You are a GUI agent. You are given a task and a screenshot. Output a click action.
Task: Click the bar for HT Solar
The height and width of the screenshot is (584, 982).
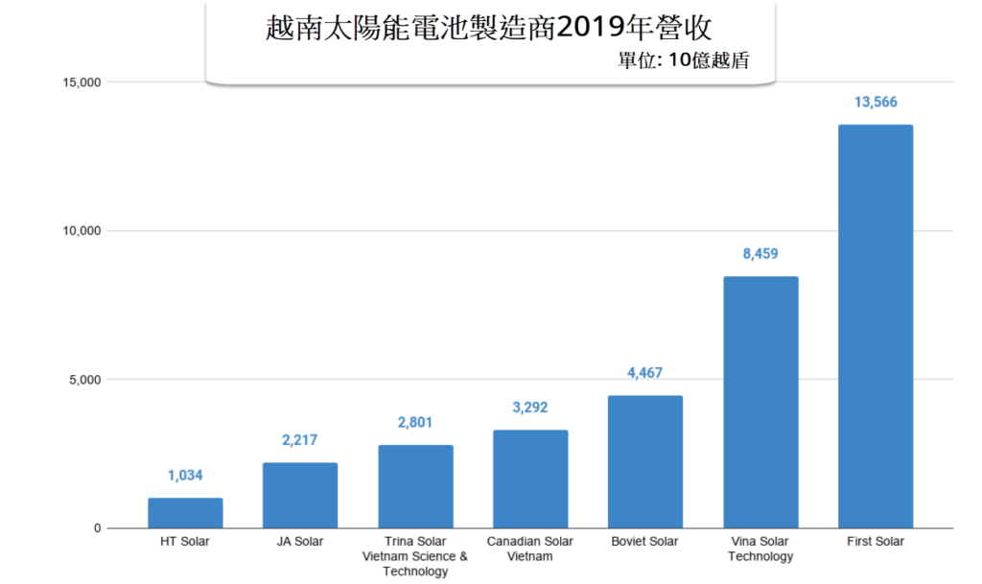[x=185, y=513]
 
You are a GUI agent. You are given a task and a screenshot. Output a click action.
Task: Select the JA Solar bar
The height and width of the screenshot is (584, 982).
[x=300, y=496]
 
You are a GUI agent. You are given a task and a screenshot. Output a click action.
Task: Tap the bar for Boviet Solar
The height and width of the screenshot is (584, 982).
[x=645, y=461]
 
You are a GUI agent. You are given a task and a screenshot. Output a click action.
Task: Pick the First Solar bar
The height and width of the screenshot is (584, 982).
[x=876, y=326]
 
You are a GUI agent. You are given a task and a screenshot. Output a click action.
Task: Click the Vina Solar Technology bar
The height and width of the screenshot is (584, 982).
[x=760, y=402]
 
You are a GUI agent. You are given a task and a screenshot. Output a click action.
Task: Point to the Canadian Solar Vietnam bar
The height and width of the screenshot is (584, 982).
[x=530, y=479]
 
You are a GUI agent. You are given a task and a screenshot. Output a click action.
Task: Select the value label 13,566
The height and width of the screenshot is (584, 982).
[x=876, y=103]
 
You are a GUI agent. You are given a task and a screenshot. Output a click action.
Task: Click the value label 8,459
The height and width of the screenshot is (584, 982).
[x=760, y=255]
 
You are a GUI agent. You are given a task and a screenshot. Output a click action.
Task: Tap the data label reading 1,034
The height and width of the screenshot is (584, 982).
[x=185, y=476]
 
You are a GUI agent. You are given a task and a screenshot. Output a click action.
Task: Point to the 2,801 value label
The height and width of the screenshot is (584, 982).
[x=415, y=423]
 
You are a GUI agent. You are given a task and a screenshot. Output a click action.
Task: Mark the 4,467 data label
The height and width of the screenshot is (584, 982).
[x=645, y=373]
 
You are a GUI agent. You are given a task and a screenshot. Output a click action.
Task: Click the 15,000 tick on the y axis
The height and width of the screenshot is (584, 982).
[x=81, y=82]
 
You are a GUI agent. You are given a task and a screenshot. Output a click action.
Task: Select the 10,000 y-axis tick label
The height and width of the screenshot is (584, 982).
[x=81, y=231]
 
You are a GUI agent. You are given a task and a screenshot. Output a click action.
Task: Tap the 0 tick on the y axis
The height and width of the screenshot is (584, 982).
[x=98, y=528]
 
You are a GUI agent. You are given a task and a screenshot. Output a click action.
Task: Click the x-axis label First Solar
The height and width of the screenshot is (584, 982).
[x=876, y=541]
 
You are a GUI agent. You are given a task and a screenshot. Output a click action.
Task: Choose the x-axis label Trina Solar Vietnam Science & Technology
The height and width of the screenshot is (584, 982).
[x=415, y=556]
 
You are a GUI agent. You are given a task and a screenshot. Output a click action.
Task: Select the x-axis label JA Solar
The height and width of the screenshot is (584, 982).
[x=300, y=541]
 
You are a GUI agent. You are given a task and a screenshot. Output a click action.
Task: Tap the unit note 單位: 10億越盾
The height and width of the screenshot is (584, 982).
[x=683, y=59]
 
